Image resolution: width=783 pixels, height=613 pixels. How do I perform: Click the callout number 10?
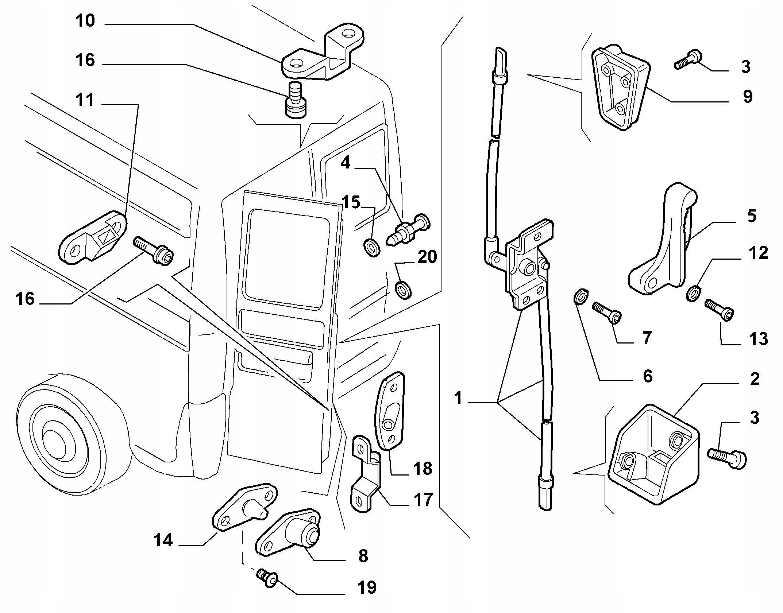[x=85, y=21]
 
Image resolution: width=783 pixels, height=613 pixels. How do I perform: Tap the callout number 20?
[x=427, y=257]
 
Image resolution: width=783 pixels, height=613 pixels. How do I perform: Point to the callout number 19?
[x=367, y=587]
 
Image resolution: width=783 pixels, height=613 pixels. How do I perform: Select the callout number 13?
[x=759, y=339]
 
